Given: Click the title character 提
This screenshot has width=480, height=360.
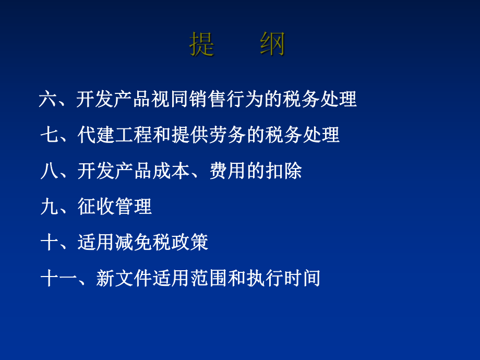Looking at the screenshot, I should (202, 44).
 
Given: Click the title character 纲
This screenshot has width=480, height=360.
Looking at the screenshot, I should (272, 44).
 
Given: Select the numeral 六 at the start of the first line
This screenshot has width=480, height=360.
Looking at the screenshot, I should (47, 99).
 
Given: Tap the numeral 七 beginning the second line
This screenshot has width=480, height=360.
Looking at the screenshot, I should (50, 135).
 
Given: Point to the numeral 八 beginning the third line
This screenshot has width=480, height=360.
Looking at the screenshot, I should (50, 171).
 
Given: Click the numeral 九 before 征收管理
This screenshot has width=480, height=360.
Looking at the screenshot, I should (50, 207).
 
